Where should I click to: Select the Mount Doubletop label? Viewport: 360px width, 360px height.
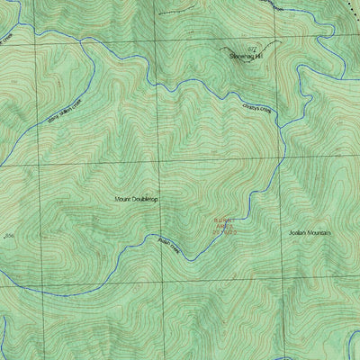coord(136,199)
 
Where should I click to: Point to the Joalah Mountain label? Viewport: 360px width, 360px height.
coord(305,232)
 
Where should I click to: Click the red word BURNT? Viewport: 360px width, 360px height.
coord(222,219)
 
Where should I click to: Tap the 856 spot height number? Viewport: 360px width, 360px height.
coord(10,237)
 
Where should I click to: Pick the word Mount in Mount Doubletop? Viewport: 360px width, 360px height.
coord(123,199)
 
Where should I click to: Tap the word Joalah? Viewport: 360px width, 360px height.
coord(290,232)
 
